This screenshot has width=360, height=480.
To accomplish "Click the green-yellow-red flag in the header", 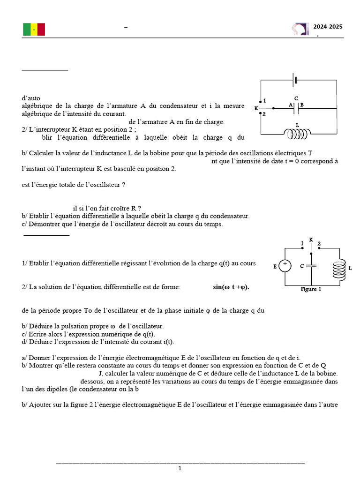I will pos(34,30).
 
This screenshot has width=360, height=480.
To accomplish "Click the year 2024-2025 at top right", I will pos(328,27).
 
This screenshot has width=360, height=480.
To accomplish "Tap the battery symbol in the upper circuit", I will pos(295,80).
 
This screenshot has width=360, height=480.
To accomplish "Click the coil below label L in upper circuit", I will pos(298,134).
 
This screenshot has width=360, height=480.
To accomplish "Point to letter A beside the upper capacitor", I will pos(291,105).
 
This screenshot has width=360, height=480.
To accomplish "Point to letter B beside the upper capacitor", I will pos(302,105).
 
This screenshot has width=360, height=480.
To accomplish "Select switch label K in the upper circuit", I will pos(256,108).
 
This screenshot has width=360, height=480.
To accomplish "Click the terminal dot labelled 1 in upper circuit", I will pos(261,101).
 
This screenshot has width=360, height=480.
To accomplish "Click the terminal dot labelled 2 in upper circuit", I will pos(261,114).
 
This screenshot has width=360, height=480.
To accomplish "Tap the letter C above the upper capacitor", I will pos(296,97).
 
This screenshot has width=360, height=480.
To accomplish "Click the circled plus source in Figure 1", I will pos(285,266).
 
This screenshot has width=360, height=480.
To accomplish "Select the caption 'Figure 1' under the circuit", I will pos(311,289).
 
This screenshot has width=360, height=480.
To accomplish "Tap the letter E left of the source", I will pos(275,267).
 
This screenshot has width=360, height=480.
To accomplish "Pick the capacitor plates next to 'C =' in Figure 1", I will pos(313,266).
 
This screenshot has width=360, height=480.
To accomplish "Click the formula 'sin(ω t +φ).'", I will pos(231,287).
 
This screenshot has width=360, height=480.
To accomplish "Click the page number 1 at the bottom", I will pos(180,468).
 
